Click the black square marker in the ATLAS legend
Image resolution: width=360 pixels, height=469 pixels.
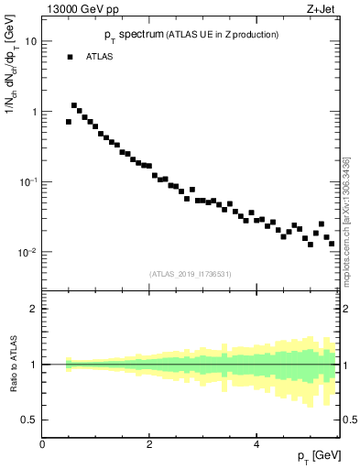point(70,57)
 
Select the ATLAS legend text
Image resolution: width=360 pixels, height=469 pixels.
point(101,57)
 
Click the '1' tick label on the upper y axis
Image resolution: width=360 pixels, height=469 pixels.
point(34,112)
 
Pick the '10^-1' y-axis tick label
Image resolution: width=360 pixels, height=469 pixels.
point(28,181)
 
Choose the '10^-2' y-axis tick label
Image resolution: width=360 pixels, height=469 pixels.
point(28,252)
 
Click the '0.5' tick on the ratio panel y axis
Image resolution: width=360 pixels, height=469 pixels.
point(30,420)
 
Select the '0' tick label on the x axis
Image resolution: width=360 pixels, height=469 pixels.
point(42,445)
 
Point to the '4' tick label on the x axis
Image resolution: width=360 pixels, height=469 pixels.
point(256,445)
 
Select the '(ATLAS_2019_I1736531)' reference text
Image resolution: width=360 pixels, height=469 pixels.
point(191,273)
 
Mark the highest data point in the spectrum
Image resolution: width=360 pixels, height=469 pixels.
point(74,105)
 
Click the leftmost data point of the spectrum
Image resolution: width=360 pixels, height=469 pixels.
point(69,121)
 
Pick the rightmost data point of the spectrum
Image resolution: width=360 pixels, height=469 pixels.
point(332,244)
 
